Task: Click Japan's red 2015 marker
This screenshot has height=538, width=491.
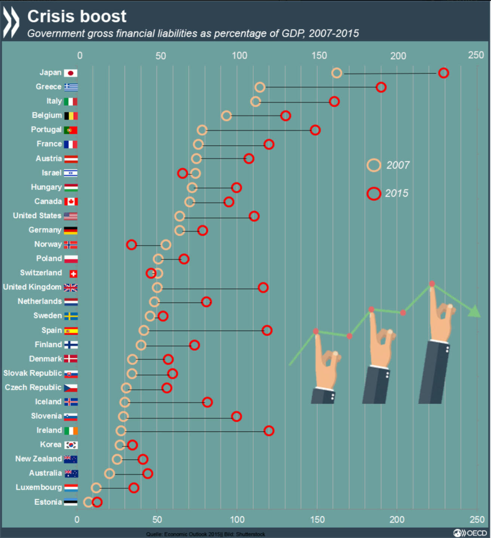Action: [x=443, y=73]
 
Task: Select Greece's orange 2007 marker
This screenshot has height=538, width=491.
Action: [x=260, y=87]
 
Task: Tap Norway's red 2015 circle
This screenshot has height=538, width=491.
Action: [x=131, y=245]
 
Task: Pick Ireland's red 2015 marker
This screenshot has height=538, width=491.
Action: [x=269, y=431]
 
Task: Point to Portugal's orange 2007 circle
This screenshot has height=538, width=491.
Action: [x=202, y=130]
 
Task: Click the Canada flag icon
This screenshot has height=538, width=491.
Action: [x=71, y=202]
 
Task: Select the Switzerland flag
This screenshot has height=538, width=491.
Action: [x=73, y=274]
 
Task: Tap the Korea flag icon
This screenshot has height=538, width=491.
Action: [x=71, y=445]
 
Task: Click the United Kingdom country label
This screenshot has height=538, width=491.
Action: [x=32, y=287]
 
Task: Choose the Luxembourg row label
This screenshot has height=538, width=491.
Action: [x=39, y=487]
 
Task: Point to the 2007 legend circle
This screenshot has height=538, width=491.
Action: [x=373, y=165]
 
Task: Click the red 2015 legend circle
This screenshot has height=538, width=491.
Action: [x=373, y=194]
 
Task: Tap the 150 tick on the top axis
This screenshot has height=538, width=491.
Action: [x=319, y=56]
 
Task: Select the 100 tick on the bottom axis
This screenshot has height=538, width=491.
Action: [x=237, y=519]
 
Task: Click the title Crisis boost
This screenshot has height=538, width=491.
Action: [x=77, y=16]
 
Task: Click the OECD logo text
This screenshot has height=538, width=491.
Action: [x=476, y=533]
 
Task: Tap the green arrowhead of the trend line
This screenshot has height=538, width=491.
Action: [x=475, y=311]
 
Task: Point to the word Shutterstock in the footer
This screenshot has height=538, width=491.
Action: [x=250, y=534]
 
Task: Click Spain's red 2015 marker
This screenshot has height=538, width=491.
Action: [x=267, y=330]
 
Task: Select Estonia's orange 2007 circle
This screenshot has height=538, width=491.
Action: [x=88, y=502]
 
